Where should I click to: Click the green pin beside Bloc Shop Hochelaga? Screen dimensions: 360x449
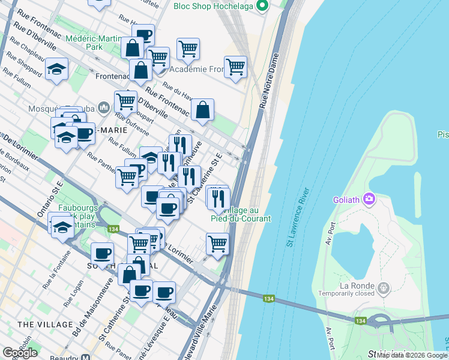[261, 7]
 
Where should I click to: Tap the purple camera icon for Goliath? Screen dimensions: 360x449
[369, 199]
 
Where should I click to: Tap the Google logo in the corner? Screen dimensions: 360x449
[20, 352]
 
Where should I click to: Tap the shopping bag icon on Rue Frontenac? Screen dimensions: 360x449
[203, 109]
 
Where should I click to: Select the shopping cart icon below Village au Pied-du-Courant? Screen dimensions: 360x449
[217, 243]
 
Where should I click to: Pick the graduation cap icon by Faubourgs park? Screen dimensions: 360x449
[62, 226]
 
